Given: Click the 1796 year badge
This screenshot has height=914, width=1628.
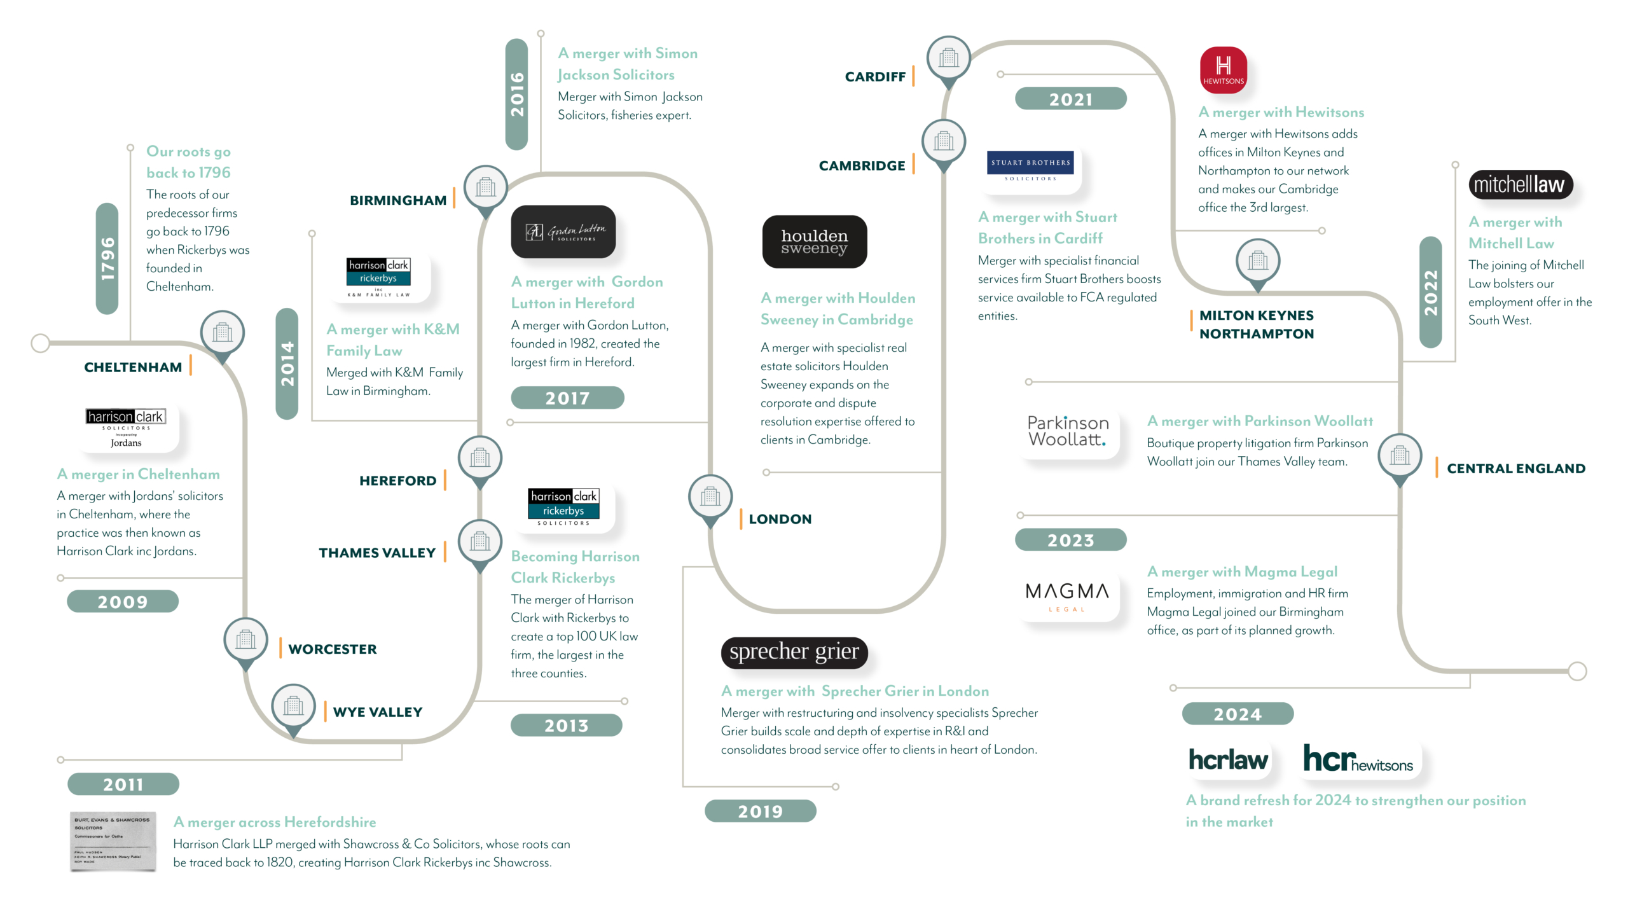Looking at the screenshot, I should [x=107, y=258].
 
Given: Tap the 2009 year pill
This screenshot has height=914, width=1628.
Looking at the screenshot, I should [x=123, y=601].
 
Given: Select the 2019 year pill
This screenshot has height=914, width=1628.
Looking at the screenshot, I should [x=760, y=811].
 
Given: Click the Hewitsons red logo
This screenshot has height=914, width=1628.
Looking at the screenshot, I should [x=1222, y=70].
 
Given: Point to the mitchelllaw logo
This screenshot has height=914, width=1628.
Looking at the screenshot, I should [x=1519, y=184].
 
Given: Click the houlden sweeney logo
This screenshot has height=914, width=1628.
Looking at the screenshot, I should [x=814, y=242].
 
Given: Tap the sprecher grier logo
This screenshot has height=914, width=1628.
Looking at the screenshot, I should [x=794, y=652].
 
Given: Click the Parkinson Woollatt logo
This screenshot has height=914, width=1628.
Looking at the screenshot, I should [x=1068, y=431].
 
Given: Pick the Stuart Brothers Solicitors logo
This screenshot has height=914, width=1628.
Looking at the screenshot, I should [x=1030, y=167].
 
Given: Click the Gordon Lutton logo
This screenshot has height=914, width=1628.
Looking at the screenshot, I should [x=563, y=232].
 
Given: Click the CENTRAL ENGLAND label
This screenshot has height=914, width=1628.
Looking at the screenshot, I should [x=1515, y=469].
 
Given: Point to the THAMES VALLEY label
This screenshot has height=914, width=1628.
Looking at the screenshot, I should [x=377, y=553].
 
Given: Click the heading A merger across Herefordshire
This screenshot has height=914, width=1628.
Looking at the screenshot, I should [x=275, y=822].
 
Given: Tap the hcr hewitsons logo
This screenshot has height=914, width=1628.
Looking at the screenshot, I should [x=1358, y=759].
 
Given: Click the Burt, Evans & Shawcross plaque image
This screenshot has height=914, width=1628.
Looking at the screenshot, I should [x=113, y=841].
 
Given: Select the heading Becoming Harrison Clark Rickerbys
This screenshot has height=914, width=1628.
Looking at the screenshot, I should [x=575, y=567].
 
